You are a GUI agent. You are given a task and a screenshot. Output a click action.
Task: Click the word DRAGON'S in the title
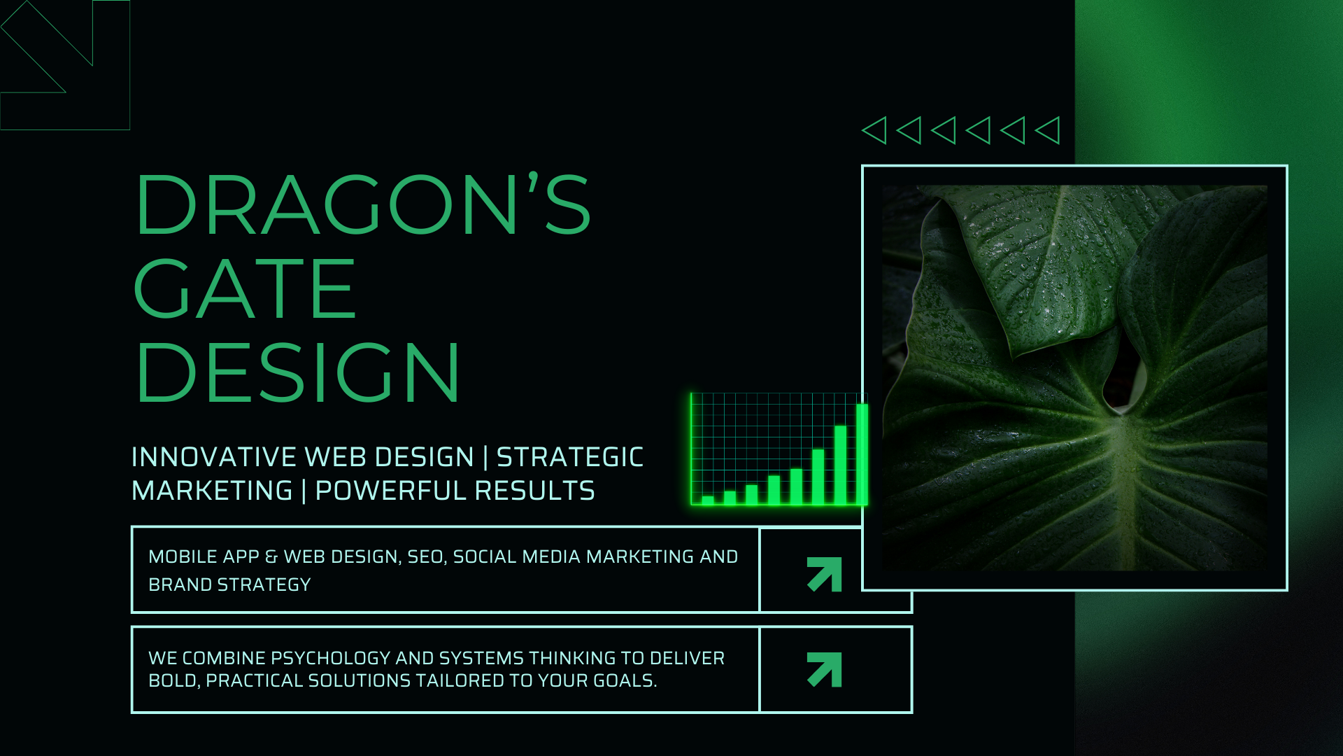pyautogui.click(x=363, y=204)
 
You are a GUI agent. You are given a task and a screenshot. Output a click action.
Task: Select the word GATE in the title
pyautogui.click(x=245, y=288)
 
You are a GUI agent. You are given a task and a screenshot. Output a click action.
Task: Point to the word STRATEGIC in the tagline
pyautogui.click(x=570, y=457)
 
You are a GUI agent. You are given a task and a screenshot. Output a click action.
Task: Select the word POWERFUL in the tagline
pyautogui.click(x=391, y=491)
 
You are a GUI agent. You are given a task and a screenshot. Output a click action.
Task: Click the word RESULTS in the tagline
pyautogui.click(x=535, y=491)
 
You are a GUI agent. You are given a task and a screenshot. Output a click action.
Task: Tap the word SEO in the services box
pyautogui.click(x=425, y=556)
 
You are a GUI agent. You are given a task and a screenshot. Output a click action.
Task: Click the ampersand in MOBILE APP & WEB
pyautogui.click(x=271, y=556)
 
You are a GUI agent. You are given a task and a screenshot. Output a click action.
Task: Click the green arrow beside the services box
pyautogui.click(x=825, y=574)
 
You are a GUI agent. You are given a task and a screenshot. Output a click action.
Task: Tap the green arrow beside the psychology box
pyautogui.click(x=825, y=670)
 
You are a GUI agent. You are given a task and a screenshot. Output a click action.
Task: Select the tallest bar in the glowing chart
pyautogui.click(x=862, y=454)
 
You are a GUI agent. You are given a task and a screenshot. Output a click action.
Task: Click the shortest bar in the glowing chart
pyautogui.click(x=708, y=500)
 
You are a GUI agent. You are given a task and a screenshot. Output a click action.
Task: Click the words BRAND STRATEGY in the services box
pyautogui.click(x=229, y=584)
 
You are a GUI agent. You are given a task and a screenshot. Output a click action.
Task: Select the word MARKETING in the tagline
pyautogui.click(x=212, y=491)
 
